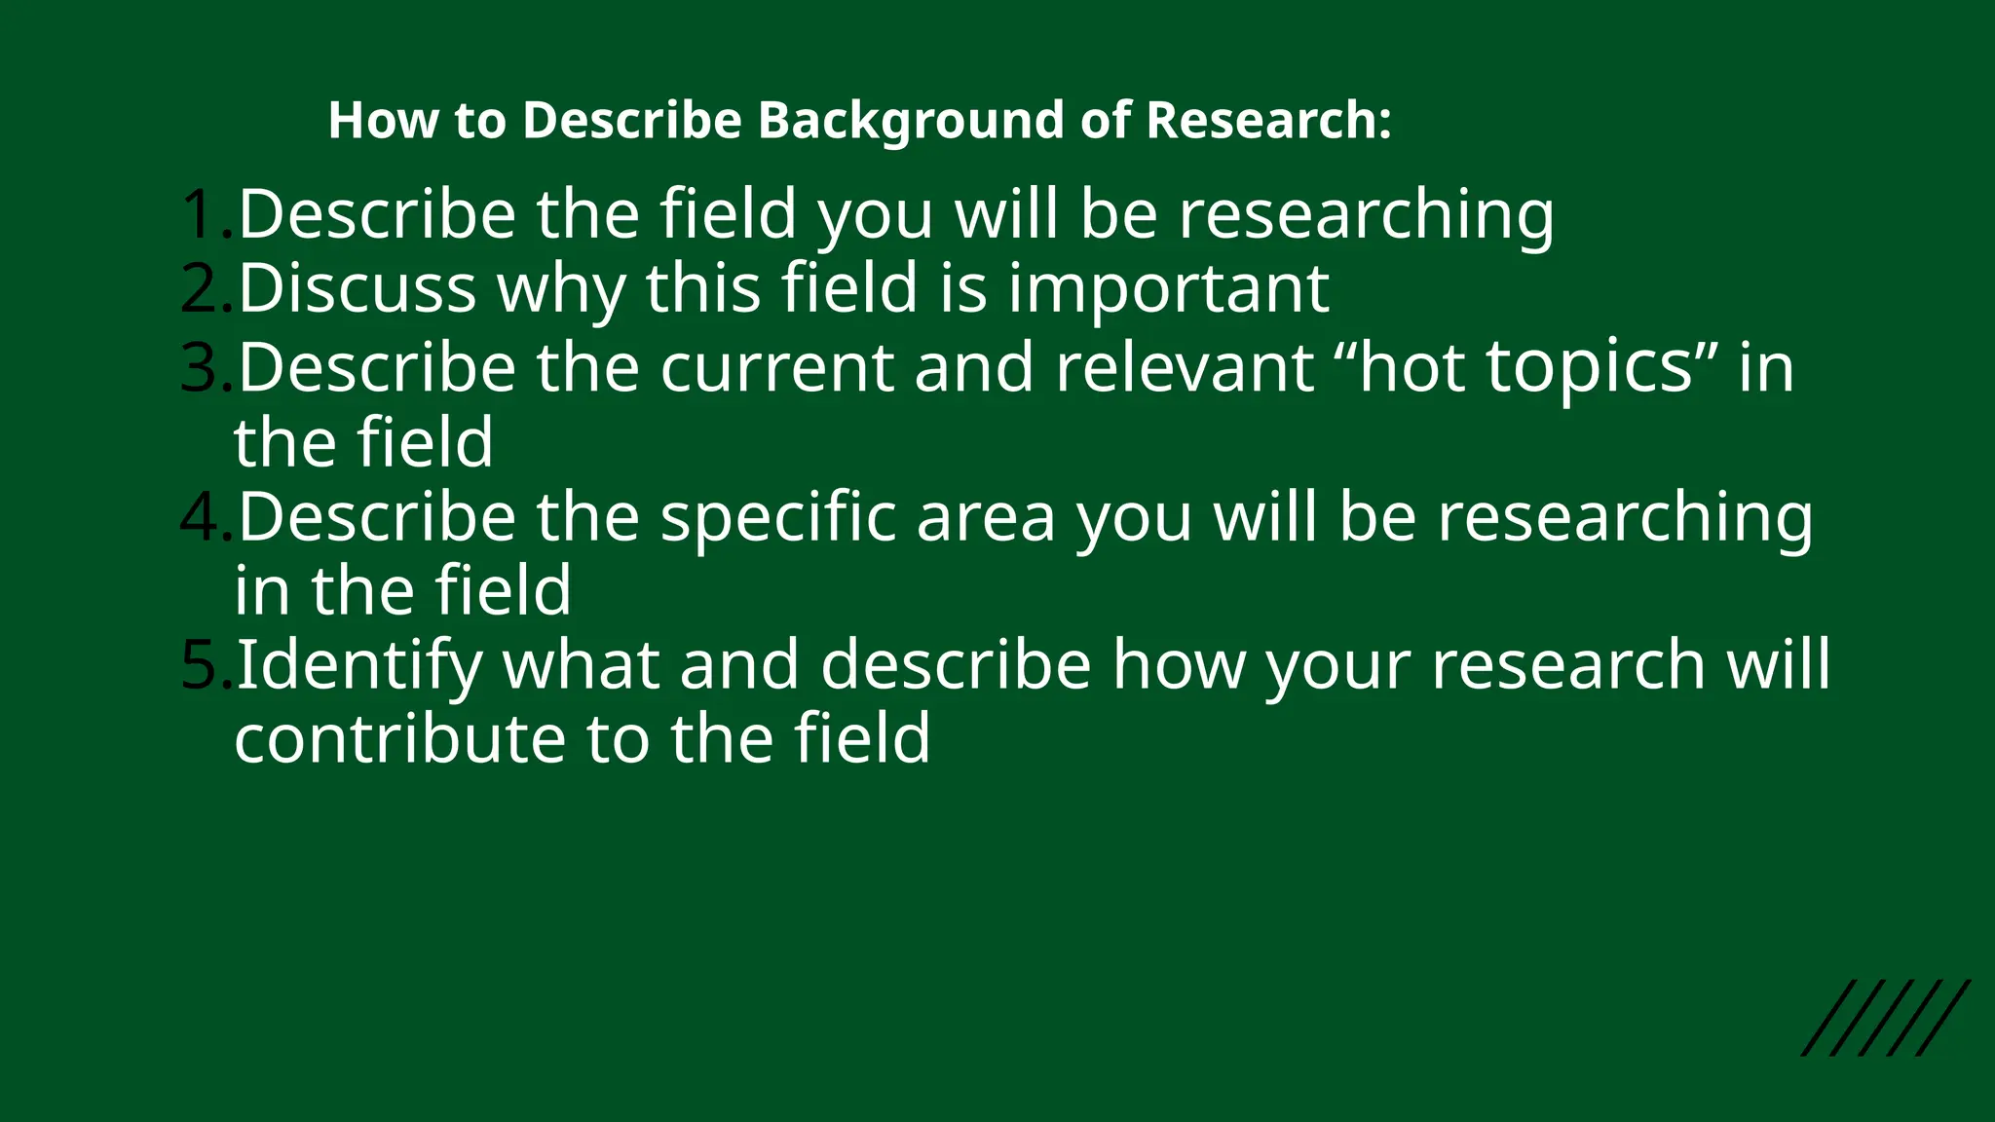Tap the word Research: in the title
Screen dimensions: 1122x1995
[1269, 121]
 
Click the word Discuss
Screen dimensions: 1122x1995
[357, 288]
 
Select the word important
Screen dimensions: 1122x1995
[1168, 288]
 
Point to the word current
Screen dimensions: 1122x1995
[776, 368]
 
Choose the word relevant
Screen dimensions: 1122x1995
[1184, 368]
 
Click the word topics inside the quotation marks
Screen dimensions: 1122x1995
[1590, 368]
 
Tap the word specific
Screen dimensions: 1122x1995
[777, 518]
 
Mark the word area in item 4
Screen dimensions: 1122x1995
[986, 516]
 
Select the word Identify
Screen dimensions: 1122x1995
[358, 666]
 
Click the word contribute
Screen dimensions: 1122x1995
[398, 738]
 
